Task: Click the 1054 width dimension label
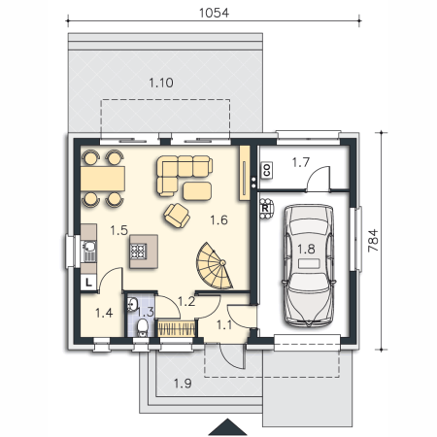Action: (214, 13)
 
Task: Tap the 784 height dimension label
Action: (373, 241)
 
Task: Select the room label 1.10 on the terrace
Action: (161, 83)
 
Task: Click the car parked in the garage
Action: (309, 265)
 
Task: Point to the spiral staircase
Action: (214, 266)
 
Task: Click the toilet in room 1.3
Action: (142, 327)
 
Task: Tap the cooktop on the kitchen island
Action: (138, 252)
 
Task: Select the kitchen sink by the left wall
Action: (89, 252)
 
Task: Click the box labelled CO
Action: (267, 170)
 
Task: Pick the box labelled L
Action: (88, 283)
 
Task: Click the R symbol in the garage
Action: (265, 209)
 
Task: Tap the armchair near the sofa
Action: (177, 216)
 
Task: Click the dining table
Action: (103, 179)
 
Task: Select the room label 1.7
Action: (301, 162)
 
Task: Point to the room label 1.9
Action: (183, 384)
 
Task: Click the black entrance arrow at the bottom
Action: (228, 427)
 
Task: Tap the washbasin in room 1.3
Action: (132, 305)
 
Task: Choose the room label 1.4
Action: (104, 313)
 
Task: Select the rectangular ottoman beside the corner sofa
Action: (197, 191)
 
